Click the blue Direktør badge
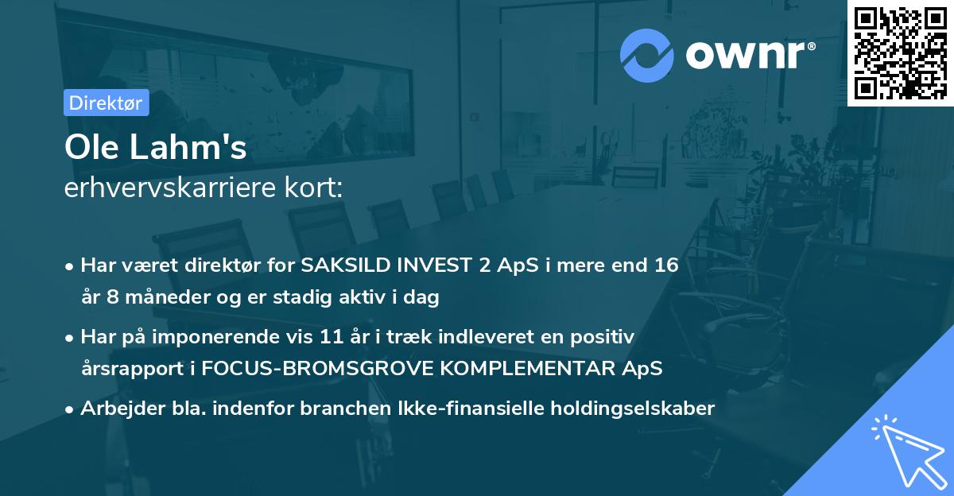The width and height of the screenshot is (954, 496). pos(107,103)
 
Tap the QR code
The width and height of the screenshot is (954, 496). pos(900,53)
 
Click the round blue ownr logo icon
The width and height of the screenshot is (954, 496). pos(647,56)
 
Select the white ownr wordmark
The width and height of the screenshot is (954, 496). pos(750,55)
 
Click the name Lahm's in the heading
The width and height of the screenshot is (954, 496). pos(188,147)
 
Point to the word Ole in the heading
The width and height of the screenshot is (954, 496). pos(91,147)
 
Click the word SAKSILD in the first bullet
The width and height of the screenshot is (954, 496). pos(346,265)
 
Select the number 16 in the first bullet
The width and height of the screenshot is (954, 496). pos(666,265)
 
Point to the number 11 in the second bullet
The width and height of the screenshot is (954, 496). pos(332,337)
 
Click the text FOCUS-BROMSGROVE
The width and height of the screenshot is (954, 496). pos(317,368)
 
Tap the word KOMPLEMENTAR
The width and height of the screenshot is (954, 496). pos(527,368)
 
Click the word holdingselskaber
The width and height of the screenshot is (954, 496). pos(633,408)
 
